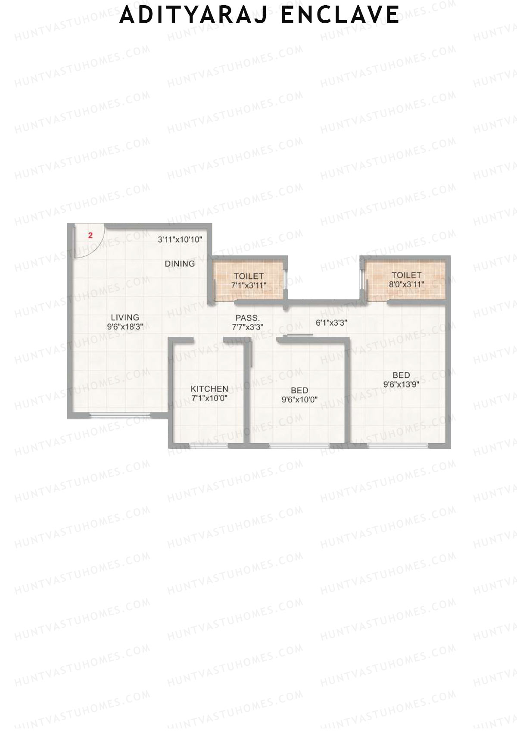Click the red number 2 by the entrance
(90, 236)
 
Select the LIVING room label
(125, 317)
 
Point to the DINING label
(180, 264)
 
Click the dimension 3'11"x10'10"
(180, 240)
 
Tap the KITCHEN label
(209, 389)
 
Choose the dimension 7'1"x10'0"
(209, 398)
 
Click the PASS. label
(247, 318)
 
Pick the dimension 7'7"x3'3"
(247, 327)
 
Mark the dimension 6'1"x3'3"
(331, 322)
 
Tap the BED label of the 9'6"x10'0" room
(299, 390)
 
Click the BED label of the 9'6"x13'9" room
(401, 375)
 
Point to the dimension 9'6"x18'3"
(125, 327)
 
